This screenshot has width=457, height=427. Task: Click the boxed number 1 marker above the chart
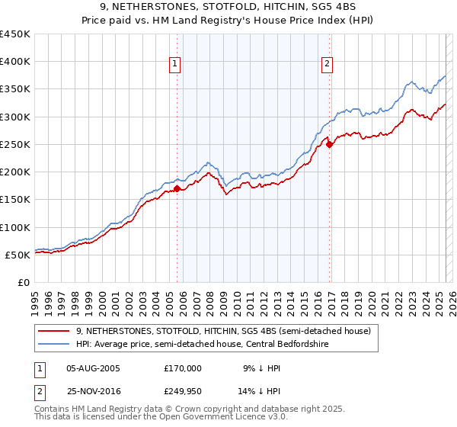(x=176, y=64)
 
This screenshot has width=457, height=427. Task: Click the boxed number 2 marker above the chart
(x=328, y=64)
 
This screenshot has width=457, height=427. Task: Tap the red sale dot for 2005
(x=177, y=188)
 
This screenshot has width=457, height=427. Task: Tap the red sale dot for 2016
(x=330, y=144)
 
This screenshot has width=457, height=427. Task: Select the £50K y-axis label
(x=18, y=255)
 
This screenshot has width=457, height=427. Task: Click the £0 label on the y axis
(x=23, y=282)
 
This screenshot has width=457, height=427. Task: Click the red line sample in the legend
(x=55, y=331)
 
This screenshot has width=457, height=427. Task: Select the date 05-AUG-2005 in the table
(x=93, y=368)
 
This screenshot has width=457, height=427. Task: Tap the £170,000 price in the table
(x=183, y=368)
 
